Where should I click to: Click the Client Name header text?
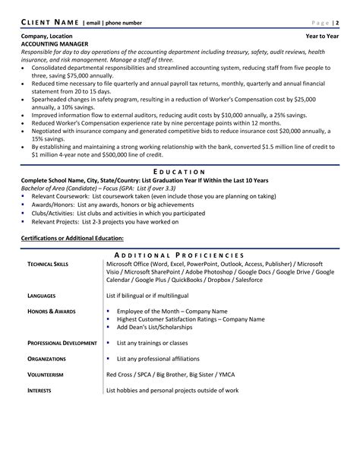pyautogui.click(x=47, y=21)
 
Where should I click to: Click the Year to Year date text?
pyautogui.click(x=322, y=36)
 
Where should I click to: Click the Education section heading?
pyautogui.click(x=179, y=172)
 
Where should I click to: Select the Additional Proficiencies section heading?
pyautogui.click(x=179, y=255)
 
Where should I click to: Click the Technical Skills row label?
pyautogui.click(x=51, y=263)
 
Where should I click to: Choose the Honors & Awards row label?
pyautogui.click(x=52, y=311)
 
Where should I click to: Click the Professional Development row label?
pyautogui.click(x=62, y=343)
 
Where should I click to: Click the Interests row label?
pyautogui.click(x=43, y=391)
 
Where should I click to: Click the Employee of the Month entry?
pyautogui.click(x=172, y=311)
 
